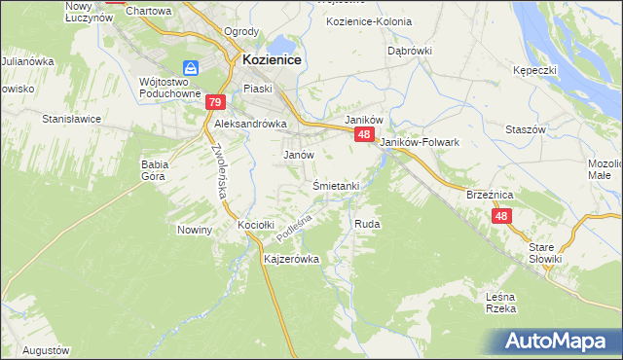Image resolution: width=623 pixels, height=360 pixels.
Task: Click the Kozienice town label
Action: (270, 60)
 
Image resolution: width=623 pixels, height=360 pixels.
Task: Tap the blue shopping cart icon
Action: (192, 68)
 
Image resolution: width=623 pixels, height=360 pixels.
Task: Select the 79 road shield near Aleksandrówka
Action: (215, 102)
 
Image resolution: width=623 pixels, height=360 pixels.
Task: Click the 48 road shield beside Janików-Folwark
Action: (363, 134)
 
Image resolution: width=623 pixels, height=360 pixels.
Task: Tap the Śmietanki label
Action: (337, 186)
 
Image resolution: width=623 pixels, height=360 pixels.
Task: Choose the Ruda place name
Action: (367, 224)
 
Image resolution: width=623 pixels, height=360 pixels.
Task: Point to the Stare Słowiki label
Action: (545, 253)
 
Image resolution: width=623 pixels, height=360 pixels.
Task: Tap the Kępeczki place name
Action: (534, 71)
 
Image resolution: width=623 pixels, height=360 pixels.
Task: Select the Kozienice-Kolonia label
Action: (364, 20)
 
